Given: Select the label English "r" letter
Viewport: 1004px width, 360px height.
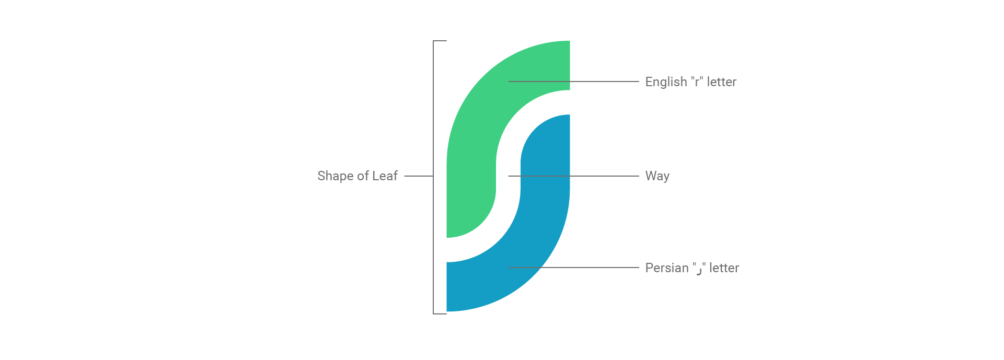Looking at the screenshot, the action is tap(690, 82).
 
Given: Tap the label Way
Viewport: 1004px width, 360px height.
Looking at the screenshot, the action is tap(657, 176).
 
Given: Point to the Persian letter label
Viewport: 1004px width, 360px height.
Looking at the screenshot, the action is tap(692, 268).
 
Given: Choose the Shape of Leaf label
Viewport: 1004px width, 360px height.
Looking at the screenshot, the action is tap(357, 176).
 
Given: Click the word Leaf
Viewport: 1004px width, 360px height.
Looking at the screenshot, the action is tap(385, 176).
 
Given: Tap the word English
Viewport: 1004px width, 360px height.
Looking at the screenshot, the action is tap(666, 82).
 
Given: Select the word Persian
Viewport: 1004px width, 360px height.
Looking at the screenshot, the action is tap(667, 268).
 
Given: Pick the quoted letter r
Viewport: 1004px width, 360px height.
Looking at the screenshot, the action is tap(697, 83).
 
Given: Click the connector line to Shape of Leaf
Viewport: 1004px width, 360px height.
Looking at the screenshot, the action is tap(419, 176).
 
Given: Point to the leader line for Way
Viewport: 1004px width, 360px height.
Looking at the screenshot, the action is tap(573, 176).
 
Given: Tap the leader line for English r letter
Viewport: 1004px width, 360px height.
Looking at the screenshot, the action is tap(573, 82).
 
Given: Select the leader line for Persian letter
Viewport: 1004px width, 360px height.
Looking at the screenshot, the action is tap(573, 268).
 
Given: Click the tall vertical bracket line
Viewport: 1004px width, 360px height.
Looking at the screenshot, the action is tap(433, 177).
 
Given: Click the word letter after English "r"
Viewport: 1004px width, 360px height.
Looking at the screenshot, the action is tap(722, 82).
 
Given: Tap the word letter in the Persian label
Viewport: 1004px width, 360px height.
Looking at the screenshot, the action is tap(724, 268).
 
